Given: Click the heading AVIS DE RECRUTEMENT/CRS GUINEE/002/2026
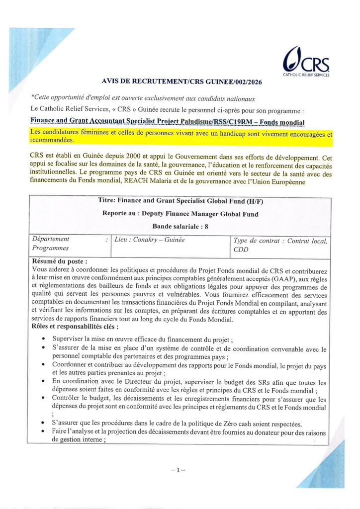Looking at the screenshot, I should click(181, 81).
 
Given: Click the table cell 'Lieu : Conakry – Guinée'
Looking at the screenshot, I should click(150, 240).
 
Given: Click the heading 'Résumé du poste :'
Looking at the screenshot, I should click(60, 260).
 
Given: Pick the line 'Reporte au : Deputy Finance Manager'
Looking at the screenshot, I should click(180, 214).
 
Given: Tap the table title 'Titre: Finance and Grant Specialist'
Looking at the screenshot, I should click(180, 201).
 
